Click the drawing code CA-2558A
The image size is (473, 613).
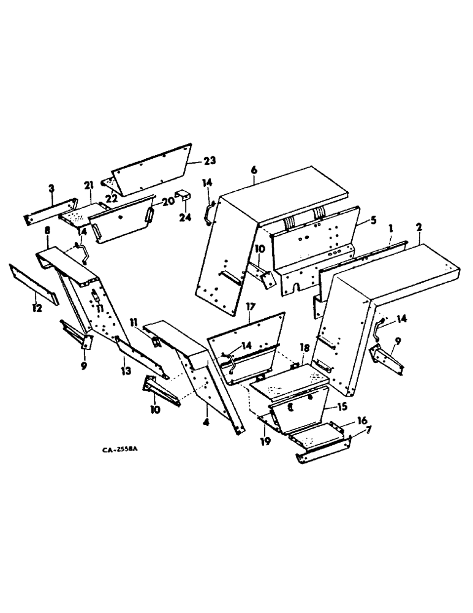point(121,450)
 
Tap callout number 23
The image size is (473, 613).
point(210,161)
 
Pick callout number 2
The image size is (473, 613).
point(418,227)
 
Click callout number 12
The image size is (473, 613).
point(37,308)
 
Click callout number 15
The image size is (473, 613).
point(346,406)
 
